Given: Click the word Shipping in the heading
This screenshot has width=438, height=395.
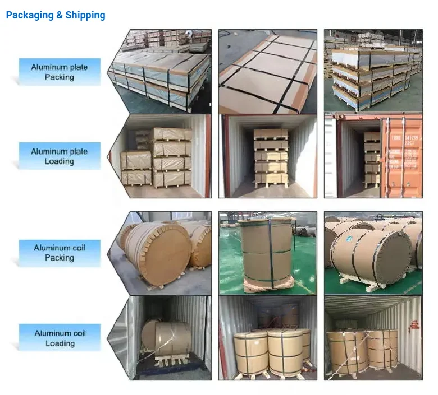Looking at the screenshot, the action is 85,15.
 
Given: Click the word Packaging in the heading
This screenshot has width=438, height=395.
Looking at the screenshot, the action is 30,15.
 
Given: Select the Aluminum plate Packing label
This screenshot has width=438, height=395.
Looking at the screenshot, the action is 60,72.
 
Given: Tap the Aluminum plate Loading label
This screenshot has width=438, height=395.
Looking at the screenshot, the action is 60,156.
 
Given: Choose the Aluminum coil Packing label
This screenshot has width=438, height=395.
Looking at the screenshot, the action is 60,253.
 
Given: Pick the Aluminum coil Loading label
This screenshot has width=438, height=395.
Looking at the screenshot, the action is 60,338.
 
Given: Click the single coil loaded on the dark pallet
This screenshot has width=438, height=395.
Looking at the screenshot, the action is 166,336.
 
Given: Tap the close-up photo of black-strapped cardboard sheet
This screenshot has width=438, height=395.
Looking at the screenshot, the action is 267,71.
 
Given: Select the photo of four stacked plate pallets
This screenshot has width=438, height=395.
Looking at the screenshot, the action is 373,71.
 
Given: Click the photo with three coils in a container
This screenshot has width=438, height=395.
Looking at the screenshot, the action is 267,338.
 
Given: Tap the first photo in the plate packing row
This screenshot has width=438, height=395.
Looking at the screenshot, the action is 162,71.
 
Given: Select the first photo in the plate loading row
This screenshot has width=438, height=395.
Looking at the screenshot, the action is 162,156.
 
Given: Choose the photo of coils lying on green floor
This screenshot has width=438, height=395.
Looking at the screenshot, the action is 373,253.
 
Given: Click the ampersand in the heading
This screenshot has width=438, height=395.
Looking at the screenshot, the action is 60,15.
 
